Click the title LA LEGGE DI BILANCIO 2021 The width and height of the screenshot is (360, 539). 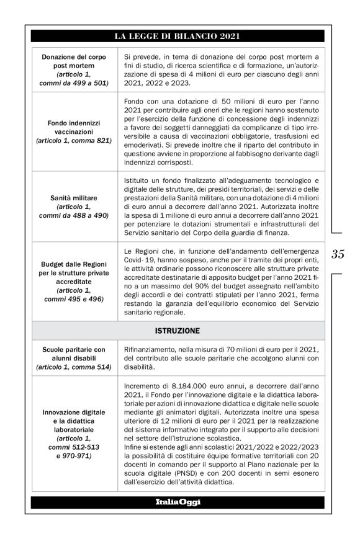pyautogui.click(x=177, y=36)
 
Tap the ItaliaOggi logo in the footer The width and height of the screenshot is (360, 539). pyautogui.click(x=178, y=502)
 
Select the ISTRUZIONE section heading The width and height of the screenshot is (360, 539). pyautogui.click(x=177, y=331)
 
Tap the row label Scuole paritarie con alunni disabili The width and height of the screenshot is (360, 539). pyautogui.click(x=74, y=354)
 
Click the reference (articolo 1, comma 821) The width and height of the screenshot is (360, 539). pyautogui.click(x=74, y=141)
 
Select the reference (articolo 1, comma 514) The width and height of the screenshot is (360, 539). pyautogui.click(x=74, y=367)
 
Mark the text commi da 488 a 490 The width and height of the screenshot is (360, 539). pyautogui.click(x=74, y=215)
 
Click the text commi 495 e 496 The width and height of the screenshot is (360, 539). pyautogui.click(x=74, y=298)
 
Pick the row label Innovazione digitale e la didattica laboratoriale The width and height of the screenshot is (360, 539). pyautogui.click(x=74, y=420)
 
